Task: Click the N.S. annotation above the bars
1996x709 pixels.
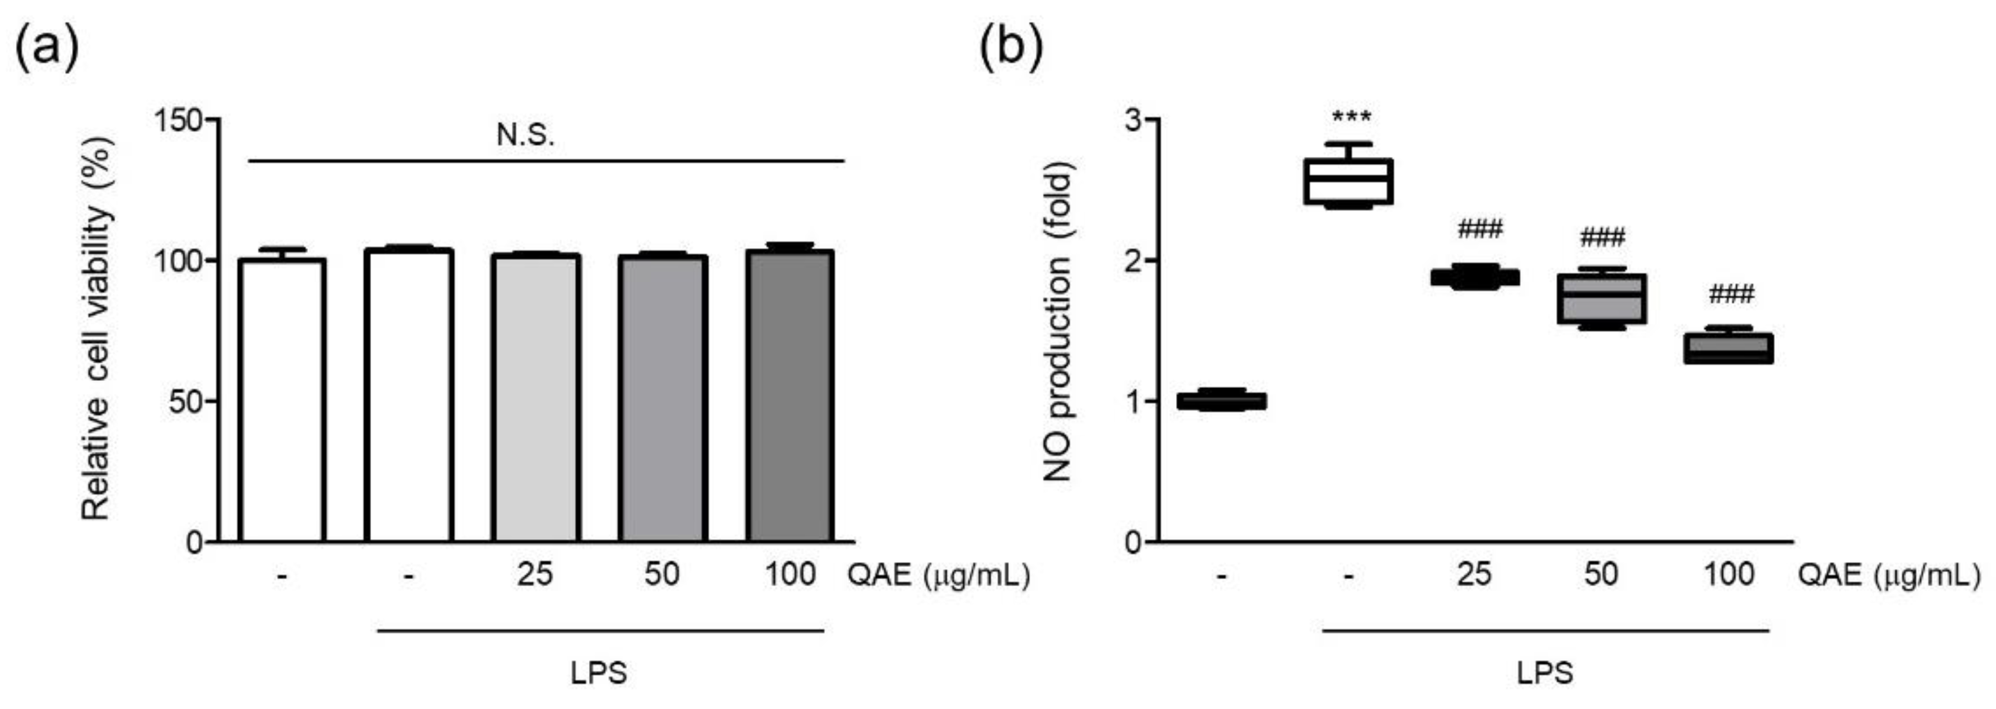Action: point(525,136)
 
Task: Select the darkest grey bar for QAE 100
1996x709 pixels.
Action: point(790,395)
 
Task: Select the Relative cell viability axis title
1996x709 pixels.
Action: point(98,329)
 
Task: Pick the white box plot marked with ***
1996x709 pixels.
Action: point(1348,181)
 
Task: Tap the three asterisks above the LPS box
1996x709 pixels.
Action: point(1351,118)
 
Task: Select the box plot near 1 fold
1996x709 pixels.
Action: point(1221,401)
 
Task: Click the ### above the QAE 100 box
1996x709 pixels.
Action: point(1731,295)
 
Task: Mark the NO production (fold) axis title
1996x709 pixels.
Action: point(1057,322)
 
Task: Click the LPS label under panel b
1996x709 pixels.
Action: point(1545,672)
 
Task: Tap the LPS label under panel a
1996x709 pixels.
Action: point(599,672)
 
